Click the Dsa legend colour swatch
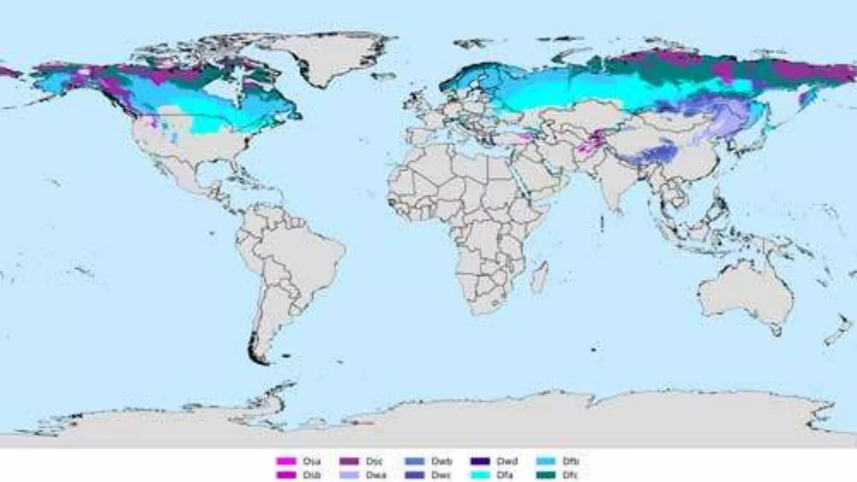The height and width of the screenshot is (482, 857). click(x=286, y=461)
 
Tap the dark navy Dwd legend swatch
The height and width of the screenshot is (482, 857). click(x=480, y=461)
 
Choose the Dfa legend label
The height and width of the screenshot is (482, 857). click(x=505, y=475)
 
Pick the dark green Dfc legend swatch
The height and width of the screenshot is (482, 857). click(x=546, y=475)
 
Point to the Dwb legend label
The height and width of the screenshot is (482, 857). click(x=441, y=461)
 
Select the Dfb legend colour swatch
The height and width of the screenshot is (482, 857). click(x=546, y=461)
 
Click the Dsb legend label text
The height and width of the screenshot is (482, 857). click(x=312, y=475)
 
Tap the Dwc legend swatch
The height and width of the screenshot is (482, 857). click(x=414, y=475)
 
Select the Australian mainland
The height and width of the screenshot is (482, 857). click(x=745, y=293)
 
